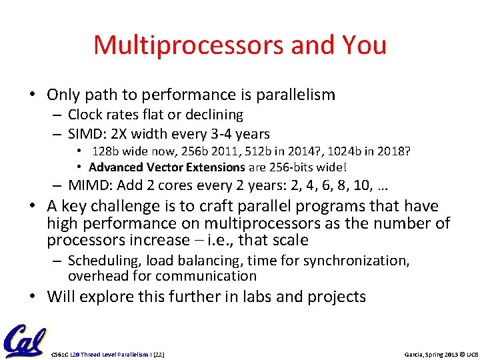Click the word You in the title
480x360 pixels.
tap(363, 45)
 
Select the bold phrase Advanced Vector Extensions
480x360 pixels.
tap(167, 167)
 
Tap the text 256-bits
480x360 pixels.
tap(287, 167)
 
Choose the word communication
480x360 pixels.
tap(207, 276)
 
